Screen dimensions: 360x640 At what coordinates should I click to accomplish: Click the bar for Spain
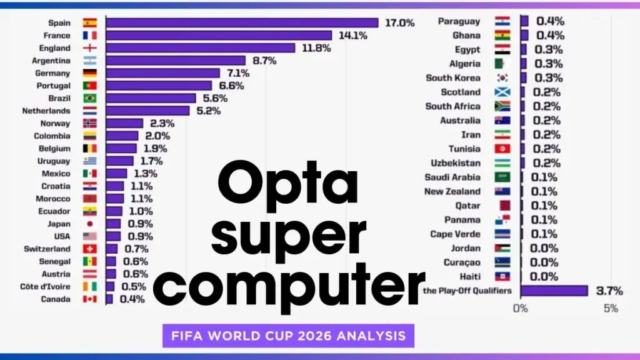(x=242, y=22)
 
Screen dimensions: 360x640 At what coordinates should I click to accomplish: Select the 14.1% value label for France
(x=353, y=36)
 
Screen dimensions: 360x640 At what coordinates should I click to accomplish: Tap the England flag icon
(x=90, y=48)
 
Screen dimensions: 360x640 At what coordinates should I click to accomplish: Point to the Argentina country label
(x=51, y=61)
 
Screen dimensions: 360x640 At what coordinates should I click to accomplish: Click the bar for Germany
(x=162, y=73)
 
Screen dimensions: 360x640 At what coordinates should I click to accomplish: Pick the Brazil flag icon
(x=90, y=98)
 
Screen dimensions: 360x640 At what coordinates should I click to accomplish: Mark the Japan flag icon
(x=90, y=224)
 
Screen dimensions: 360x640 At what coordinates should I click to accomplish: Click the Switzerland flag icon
(x=90, y=249)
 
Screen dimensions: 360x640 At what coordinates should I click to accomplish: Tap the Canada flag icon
(x=90, y=299)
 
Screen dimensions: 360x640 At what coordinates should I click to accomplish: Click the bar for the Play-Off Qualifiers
(x=554, y=291)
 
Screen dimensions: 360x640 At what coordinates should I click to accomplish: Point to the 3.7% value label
(x=609, y=291)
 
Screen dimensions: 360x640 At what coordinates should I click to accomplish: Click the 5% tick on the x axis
(x=611, y=308)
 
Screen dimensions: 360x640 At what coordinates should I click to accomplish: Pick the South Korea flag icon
(x=502, y=78)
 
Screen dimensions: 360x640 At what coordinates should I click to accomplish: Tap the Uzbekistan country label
(x=456, y=163)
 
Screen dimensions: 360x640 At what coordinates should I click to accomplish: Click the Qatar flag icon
(x=502, y=206)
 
